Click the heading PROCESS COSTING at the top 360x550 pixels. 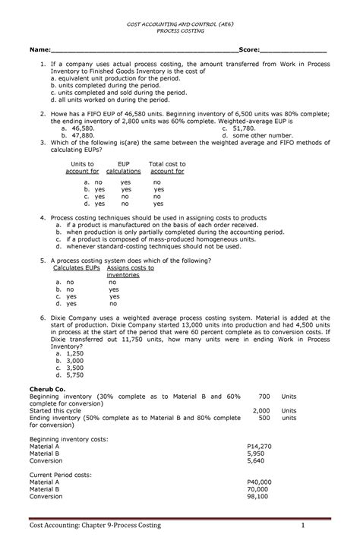(180, 32)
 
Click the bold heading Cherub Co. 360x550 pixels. (47, 389)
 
